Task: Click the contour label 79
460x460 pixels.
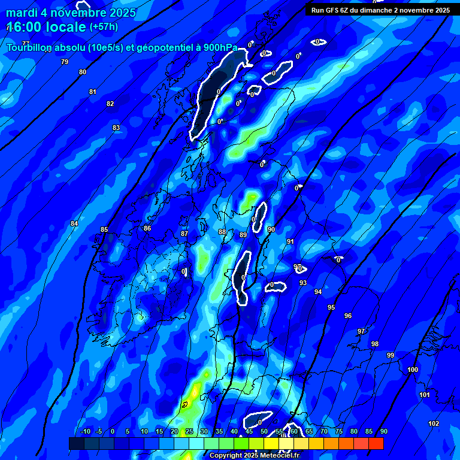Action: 65,62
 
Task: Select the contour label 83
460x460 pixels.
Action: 116,128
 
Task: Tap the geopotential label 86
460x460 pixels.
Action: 147,228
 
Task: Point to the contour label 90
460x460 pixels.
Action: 271,229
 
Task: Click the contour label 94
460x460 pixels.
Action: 318,292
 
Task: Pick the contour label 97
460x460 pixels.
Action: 361,331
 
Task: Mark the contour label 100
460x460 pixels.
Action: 413,370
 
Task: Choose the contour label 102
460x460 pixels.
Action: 434,423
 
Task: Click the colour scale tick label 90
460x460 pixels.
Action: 383,431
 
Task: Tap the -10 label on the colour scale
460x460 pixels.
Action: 85,431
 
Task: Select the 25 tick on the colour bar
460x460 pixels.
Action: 189,431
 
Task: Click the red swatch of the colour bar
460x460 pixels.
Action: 376,443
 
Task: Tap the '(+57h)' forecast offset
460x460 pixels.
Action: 104,27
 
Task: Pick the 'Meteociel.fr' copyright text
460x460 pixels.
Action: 274,455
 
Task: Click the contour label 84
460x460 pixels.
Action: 74,223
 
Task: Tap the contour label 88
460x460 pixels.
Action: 222,232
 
